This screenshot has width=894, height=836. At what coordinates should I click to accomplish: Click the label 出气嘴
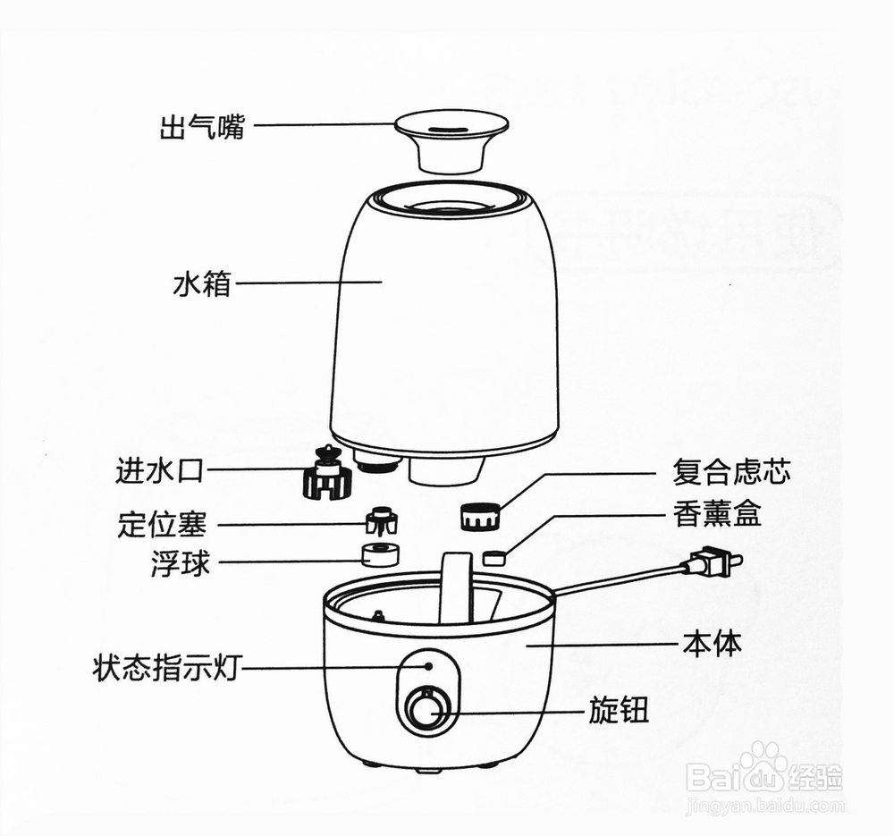click(201, 127)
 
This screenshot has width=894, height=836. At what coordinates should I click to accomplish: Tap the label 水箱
click(201, 284)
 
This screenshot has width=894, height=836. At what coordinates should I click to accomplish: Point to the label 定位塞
click(161, 524)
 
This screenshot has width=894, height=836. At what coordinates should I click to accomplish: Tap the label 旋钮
click(618, 712)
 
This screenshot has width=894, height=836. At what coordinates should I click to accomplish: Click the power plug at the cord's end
click(714, 562)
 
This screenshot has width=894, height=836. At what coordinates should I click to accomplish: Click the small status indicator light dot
click(429, 665)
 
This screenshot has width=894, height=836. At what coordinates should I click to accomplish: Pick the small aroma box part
click(493, 558)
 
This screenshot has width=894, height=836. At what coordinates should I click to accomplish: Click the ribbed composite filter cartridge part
click(479, 518)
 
